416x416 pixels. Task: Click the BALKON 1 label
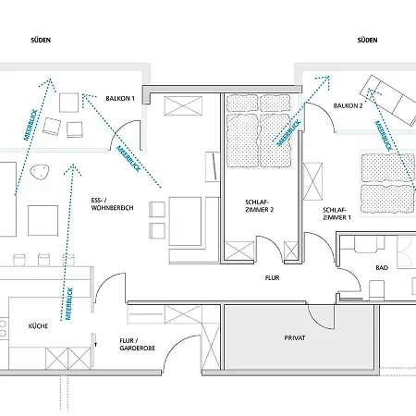(x=120, y=99)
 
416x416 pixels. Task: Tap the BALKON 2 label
(x=348, y=105)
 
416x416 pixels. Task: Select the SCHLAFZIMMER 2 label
(x=259, y=206)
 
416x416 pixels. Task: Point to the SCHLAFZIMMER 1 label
(x=336, y=214)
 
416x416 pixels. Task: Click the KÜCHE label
(x=38, y=326)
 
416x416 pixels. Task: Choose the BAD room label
(x=382, y=268)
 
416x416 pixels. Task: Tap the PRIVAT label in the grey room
(x=295, y=338)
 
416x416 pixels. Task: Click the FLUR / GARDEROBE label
(x=137, y=344)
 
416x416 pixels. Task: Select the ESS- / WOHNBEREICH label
(x=112, y=204)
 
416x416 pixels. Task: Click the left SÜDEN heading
(x=41, y=40)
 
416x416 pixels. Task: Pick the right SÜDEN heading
(x=367, y=40)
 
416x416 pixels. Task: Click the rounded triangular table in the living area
(x=40, y=172)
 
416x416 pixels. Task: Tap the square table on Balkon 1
(x=68, y=103)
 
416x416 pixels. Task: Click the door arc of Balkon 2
(x=324, y=110)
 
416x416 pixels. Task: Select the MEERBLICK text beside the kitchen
(x=68, y=304)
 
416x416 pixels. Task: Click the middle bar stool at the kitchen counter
(x=43, y=260)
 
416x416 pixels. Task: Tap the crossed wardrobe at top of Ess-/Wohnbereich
(x=183, y=105)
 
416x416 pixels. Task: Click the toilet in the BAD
(x=376, y=290)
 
